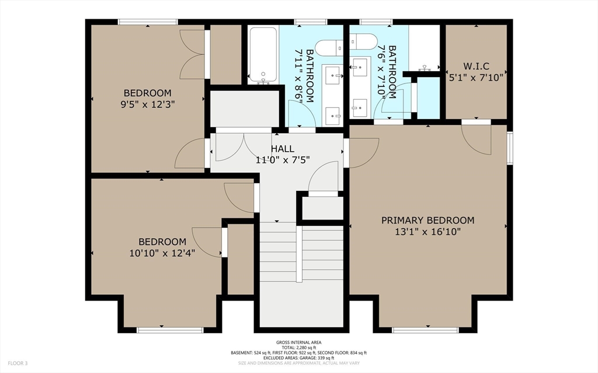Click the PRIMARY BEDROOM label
[x=428, y=221]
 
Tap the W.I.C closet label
[x=477, y=67]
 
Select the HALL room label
[x=283, y=149]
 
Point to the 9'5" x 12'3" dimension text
[x=148, y=104]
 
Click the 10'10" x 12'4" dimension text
[x=162, y=253]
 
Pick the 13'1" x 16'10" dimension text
[x=428, y=232]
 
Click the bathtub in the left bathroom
[x=263, y=55]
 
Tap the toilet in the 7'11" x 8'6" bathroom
[x=329, y=47]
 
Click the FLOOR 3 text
[x=18, y=363]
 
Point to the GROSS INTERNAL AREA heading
[x=299, y=343]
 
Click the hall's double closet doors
[x=244, y=147]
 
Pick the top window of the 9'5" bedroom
[x=148, y=22]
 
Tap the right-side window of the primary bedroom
[x=510, y=148]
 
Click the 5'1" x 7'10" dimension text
[x=477, y=78]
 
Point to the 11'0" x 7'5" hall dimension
[x=283, y=159]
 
